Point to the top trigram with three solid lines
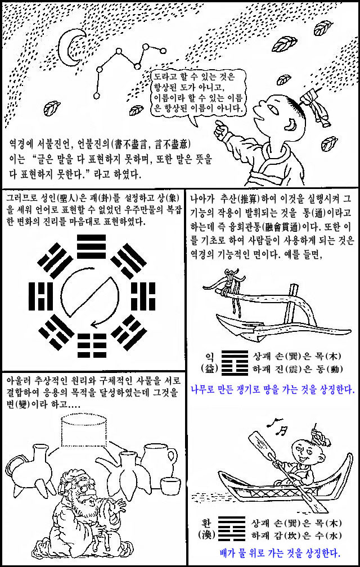[92, 246]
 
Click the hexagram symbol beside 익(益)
[235, 363]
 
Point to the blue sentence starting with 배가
[280, 553]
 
